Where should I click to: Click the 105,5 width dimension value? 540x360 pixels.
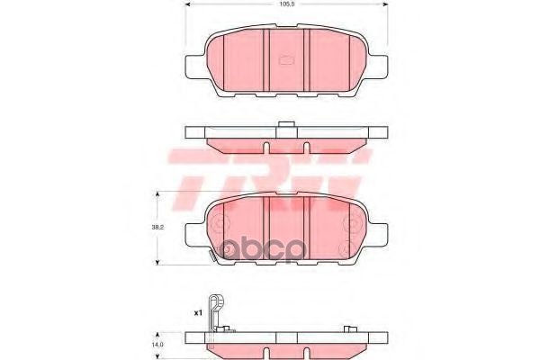click(286, 5)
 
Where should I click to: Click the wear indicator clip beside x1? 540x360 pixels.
click(214, 315)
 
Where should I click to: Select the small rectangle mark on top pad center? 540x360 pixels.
click(287, 61)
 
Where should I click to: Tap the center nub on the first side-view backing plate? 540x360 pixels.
click(286, 126)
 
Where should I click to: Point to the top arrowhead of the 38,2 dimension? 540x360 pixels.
click(159, 194)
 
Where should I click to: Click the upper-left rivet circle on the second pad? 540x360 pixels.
click(222, 218)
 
